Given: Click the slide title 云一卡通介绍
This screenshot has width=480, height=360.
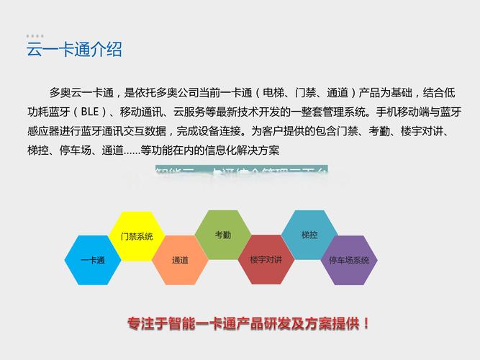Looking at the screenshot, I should pyautogui.click(x=75, y=50).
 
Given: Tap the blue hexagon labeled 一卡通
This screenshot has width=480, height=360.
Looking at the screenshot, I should pyautogui.click(x=92, y=260).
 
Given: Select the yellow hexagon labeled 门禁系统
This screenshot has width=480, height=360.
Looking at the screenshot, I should pyautogui.click(x=136, y=236).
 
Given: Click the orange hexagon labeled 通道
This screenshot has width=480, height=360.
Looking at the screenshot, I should pyautogui.click(x=180, y=260).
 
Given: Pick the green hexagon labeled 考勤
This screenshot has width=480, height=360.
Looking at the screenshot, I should pyautogui.click(x=222, y=235).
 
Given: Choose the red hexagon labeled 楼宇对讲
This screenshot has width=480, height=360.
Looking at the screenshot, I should pyautogui.click(x=266, y=259).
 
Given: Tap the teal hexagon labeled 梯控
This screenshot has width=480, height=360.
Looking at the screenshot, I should pyautogui.click(x=309, y=235).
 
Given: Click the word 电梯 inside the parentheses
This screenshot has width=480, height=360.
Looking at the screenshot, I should pyautogui.click(x=275, y=93).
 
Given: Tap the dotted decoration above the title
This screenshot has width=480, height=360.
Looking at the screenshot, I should pyautogui.click(x=35, y=35).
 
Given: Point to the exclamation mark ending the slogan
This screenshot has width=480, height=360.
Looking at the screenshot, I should pyautogui.click(x=367, y=323).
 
